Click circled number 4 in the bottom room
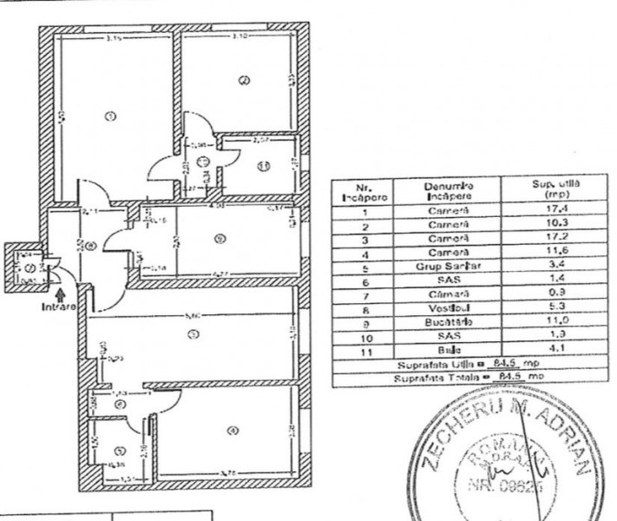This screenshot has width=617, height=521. pyautogui.click(x=231, y=432)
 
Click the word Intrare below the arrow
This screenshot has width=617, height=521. pyautogui.click(x=57, y=307)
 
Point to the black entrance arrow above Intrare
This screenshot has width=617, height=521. pyautogui.click(x=57, y=293)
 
